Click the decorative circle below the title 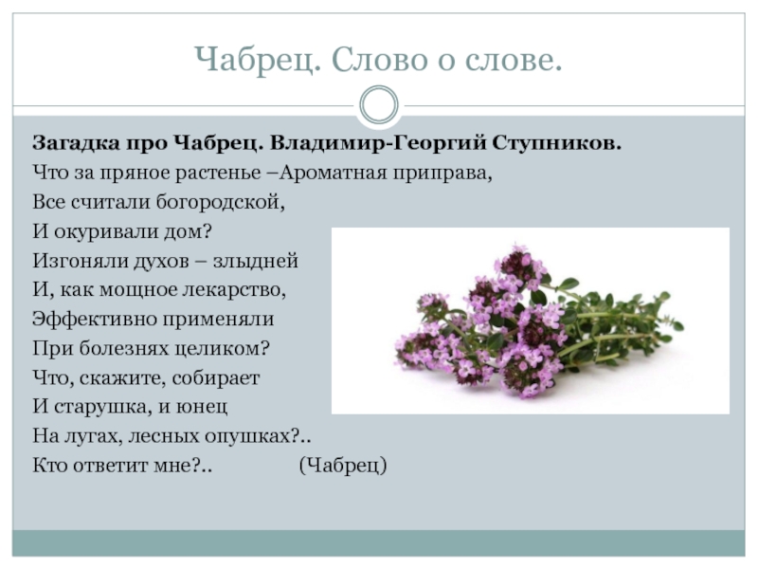tap(379, 105)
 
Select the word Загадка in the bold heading tap(76, 144)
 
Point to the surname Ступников tap(557, 144)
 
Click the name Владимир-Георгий tap(377, 144)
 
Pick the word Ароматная tap(333, 173)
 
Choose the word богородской tap(221, 202)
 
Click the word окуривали tap(105, 232)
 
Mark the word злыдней tap(255, 262)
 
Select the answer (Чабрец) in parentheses tap(343, 466)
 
